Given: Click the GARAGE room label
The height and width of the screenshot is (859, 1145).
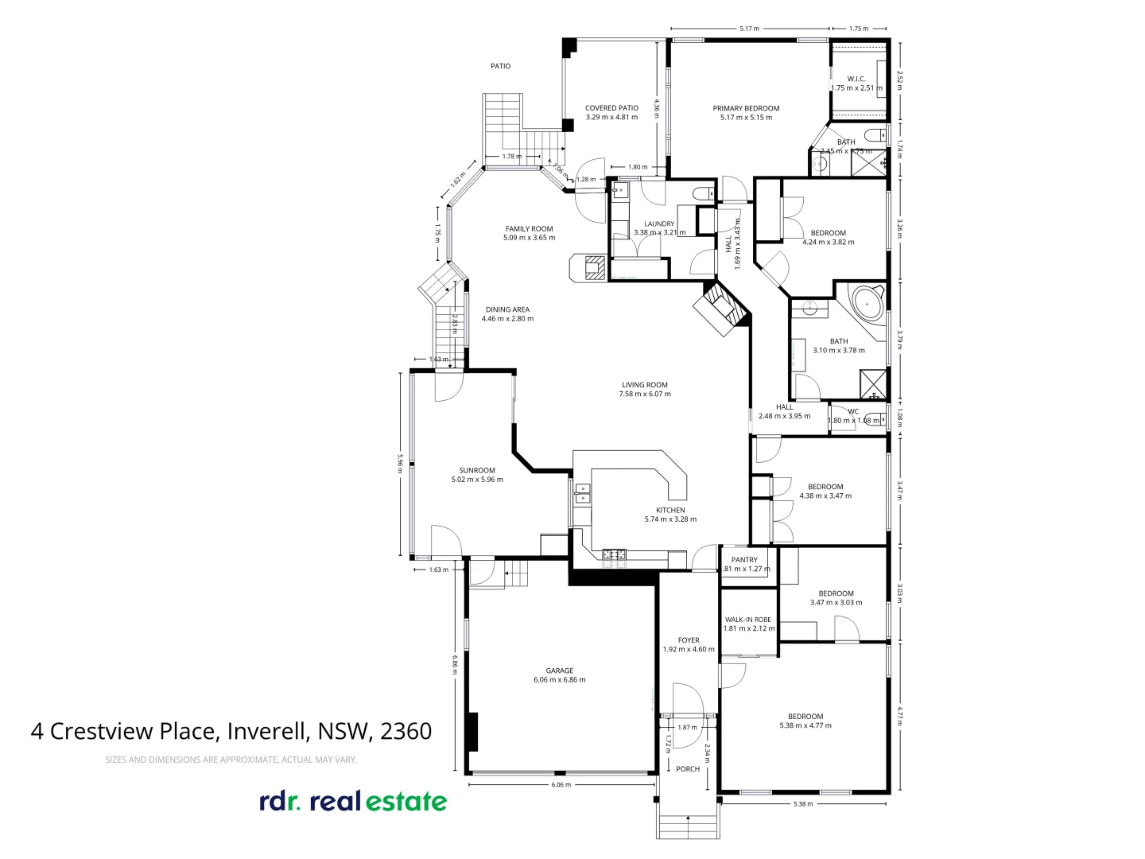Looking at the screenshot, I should click(x=559, y=670).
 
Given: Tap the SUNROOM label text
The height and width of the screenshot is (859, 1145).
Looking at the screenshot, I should click(x=477, y=470).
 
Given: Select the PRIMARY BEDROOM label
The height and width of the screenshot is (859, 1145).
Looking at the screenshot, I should click(x=746, y=108).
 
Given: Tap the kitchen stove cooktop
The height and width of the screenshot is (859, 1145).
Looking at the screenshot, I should click(x=614, y=554).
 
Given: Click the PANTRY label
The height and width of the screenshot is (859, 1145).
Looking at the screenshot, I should click(x=744, y=560).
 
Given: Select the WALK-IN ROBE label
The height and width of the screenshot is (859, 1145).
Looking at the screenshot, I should click(x=747, y=620).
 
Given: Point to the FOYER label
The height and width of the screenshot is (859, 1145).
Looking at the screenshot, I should click(x=689, y=640).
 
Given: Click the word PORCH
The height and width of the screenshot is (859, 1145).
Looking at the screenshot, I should click(x=688, y=769).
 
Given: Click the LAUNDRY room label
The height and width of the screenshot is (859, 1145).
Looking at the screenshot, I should click(x=659, y=224).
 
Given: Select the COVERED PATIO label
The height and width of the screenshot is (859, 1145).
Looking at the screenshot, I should click(x=611, y=108).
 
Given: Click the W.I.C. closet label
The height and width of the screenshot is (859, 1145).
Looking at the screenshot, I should click(x=856, y=79).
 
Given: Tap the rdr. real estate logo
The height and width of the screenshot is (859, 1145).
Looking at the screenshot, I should click(x=353, y=801).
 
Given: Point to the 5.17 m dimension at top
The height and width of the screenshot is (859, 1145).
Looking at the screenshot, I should click(x=749, y=29).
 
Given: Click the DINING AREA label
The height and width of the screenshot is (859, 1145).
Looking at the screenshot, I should click(x=507, y=310).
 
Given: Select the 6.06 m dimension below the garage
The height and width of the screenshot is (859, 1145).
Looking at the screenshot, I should click(x=561, y=785).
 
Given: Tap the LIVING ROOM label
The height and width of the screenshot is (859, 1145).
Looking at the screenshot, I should click(x=644, y=385).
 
